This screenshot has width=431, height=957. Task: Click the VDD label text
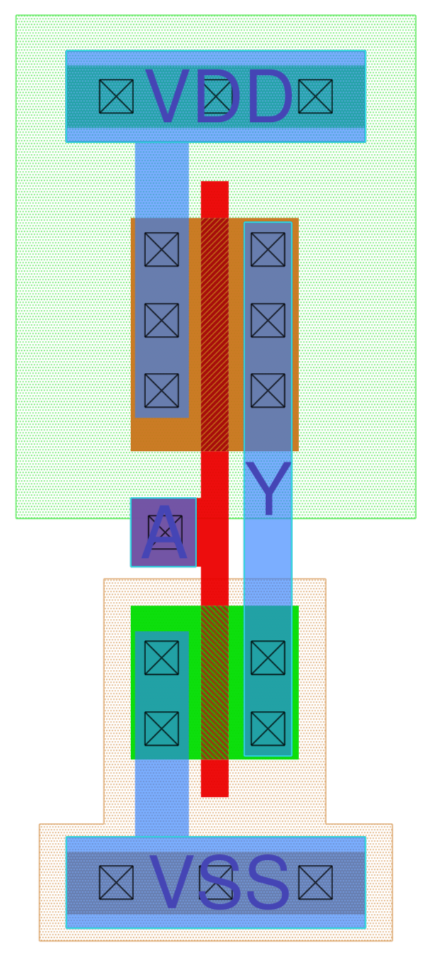(218, 97)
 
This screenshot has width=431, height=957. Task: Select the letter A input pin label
(164, 533)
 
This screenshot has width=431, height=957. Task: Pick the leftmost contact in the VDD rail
(116, 96)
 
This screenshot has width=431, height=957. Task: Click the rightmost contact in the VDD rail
(315, 96)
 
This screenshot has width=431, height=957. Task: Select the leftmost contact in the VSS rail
(116, 883)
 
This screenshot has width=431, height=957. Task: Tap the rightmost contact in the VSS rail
(315, 883)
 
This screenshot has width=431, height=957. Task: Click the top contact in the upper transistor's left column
(162, 250)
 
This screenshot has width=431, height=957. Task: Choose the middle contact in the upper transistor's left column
(162, 320)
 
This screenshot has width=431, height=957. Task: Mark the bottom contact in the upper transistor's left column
(162, 391)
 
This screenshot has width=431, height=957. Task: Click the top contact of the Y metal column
(268, 250)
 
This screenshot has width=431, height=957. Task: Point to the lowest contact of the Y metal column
(268, 729)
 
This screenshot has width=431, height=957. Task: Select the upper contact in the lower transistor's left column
(162, 658)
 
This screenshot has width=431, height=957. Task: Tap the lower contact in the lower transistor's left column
(162, 729)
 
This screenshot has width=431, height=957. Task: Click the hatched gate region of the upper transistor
(215, 333)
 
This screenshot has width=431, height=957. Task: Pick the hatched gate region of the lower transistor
(215, 682)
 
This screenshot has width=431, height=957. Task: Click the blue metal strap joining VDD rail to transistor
(162, 179)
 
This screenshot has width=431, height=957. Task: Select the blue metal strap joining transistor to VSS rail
(162, 797)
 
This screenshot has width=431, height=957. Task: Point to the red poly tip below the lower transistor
(215, 779)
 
